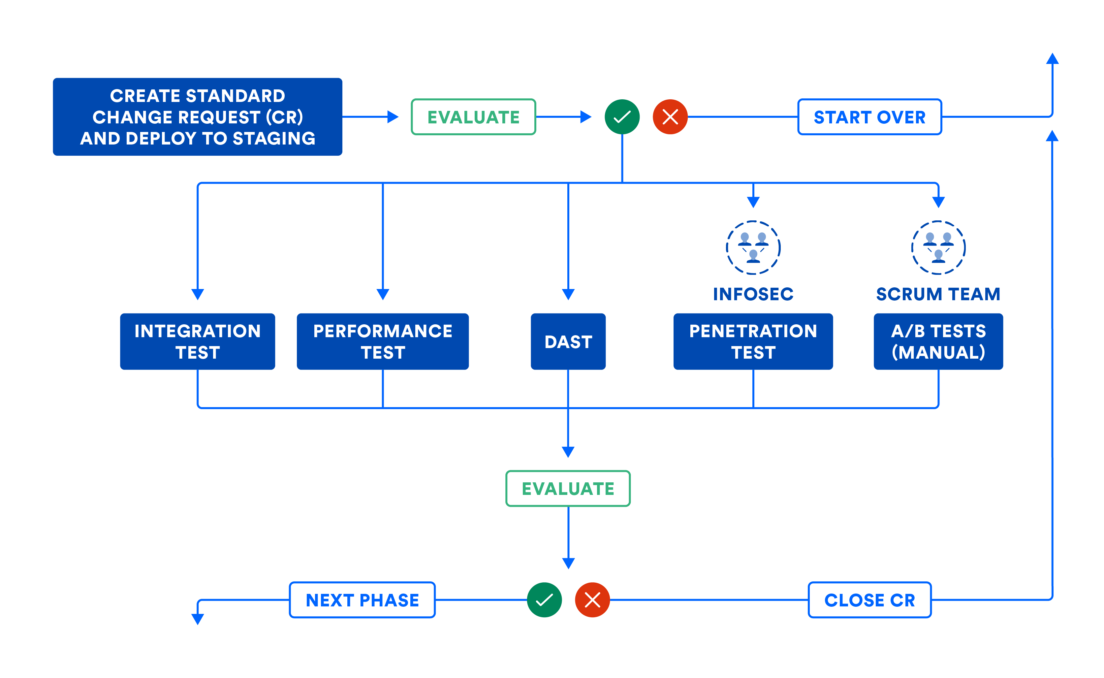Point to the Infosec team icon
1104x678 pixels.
pos(753,247)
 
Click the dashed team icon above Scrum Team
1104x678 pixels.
pos(938,247)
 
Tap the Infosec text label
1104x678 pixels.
pos(753,294)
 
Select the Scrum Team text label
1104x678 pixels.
pos(938,294)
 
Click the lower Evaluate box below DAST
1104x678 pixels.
pos(568,488)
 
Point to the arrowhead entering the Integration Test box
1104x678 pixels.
pos(197,294)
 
